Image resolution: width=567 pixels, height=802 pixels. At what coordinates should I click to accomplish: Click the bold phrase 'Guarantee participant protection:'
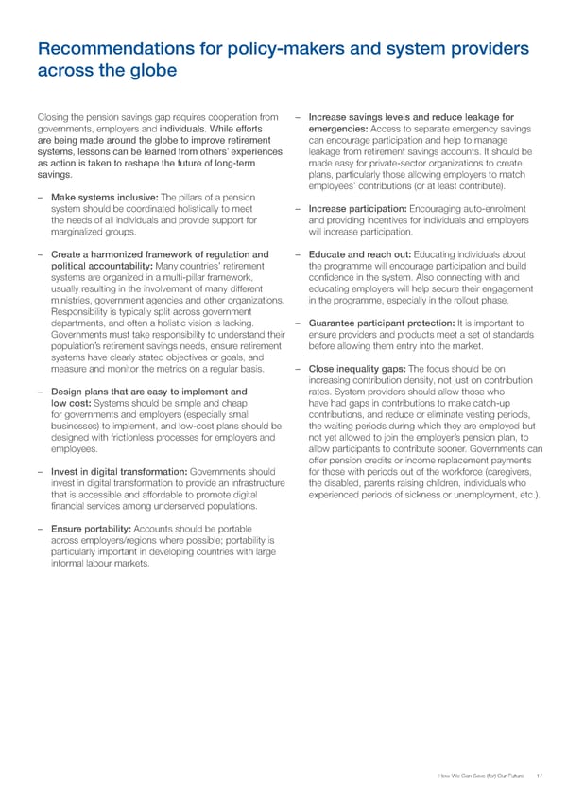coord(383,325)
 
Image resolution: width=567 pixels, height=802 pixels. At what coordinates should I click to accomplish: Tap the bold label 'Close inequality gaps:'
coord(357,369)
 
